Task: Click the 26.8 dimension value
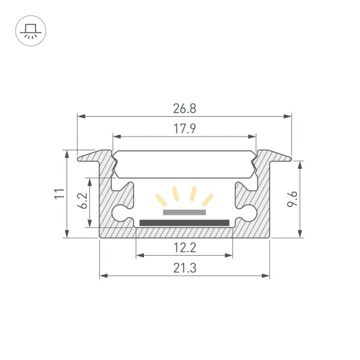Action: pyautogui.click(x=184, y=109)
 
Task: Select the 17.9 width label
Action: pyautogui.click(x=184, y=128)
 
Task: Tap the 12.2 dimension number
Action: pyautogui.click(x=184, y=248)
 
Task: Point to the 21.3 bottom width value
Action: pyautogui.click(x=184, y=268)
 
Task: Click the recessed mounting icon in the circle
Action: pyautogui.click(x=29, y=30)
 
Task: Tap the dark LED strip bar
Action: pyautogui.click(x=184, y=222)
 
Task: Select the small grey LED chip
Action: pyautogui.click(x=184, y=212)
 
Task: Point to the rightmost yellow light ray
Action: pyautogui.click(x=208, y=199)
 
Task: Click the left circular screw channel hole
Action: pyautogui.click(x=120, y=212)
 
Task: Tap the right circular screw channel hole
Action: pyautogui.click(x=250, y=212)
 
